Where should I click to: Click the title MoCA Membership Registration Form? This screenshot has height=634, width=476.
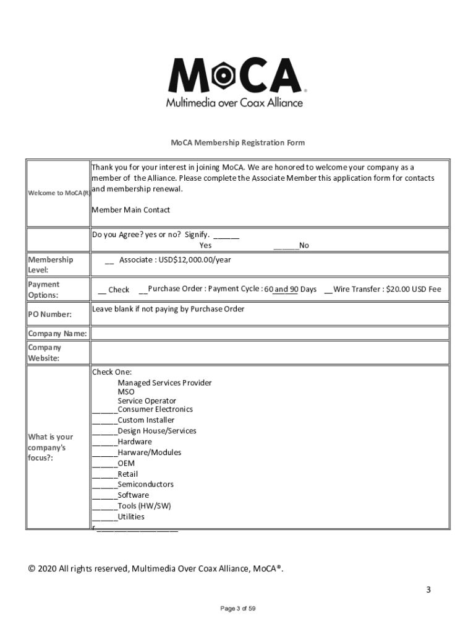pos(237,143)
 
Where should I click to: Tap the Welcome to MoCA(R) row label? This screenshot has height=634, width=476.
pos(58,193)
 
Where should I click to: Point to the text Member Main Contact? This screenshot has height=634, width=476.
pos(130,210)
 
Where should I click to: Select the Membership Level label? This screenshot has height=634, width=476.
pos(50,265)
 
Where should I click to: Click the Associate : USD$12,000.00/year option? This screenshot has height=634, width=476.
pos(174,260)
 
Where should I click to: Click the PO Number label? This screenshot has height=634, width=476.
pos(49,315)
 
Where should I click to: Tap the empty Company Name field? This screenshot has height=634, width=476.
pos(270,334)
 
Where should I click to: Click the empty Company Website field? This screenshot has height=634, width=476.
pos(270,353)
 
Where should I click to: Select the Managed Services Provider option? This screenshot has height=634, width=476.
pos(164,383)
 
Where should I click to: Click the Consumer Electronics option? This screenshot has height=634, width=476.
pos(155,409)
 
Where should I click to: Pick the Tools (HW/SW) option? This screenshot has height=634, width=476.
pos(144,506)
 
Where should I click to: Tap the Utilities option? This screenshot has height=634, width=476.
pos(130,516)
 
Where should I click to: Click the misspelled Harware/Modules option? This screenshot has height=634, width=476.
pos(149,453)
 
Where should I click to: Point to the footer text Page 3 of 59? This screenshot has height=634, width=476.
pos(238,609)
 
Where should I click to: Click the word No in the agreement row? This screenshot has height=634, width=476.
pos(304,246)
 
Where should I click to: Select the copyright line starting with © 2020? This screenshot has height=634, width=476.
pos(156,569)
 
